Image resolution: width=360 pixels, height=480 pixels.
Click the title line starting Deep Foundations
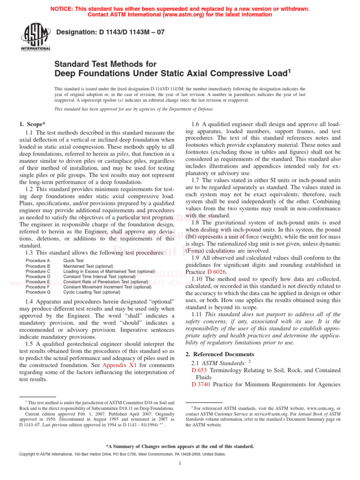click(x=172, y=73)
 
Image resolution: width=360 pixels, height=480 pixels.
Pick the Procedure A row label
click(x=38, y=261)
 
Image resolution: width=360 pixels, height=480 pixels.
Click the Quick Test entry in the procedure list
click(x=74, y=261)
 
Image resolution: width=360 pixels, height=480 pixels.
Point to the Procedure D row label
click(x=38, y=277)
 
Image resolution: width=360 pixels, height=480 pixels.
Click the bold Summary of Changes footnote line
click(x=180, y=446)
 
